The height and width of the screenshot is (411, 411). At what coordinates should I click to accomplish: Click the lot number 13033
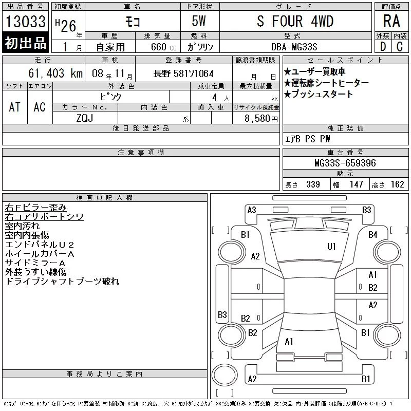25,22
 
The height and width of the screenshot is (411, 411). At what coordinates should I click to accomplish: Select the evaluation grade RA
391,21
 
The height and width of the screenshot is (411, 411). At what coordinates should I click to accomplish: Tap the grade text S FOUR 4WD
295,21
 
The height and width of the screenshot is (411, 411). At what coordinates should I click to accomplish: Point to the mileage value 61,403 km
55,73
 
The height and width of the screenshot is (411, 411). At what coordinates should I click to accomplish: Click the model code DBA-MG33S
294,47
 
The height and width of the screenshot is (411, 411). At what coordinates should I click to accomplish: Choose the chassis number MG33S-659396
345,163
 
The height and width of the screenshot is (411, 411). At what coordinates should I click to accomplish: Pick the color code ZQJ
85,118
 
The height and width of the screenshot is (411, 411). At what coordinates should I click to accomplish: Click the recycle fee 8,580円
261,119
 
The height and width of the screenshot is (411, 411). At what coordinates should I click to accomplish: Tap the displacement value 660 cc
163,47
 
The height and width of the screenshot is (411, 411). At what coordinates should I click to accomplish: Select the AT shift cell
15,107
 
